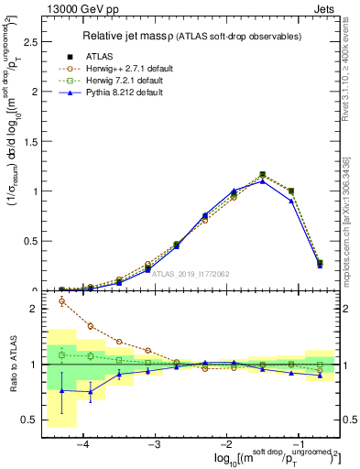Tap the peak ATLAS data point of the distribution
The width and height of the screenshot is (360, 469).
click(x=263, y=174)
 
